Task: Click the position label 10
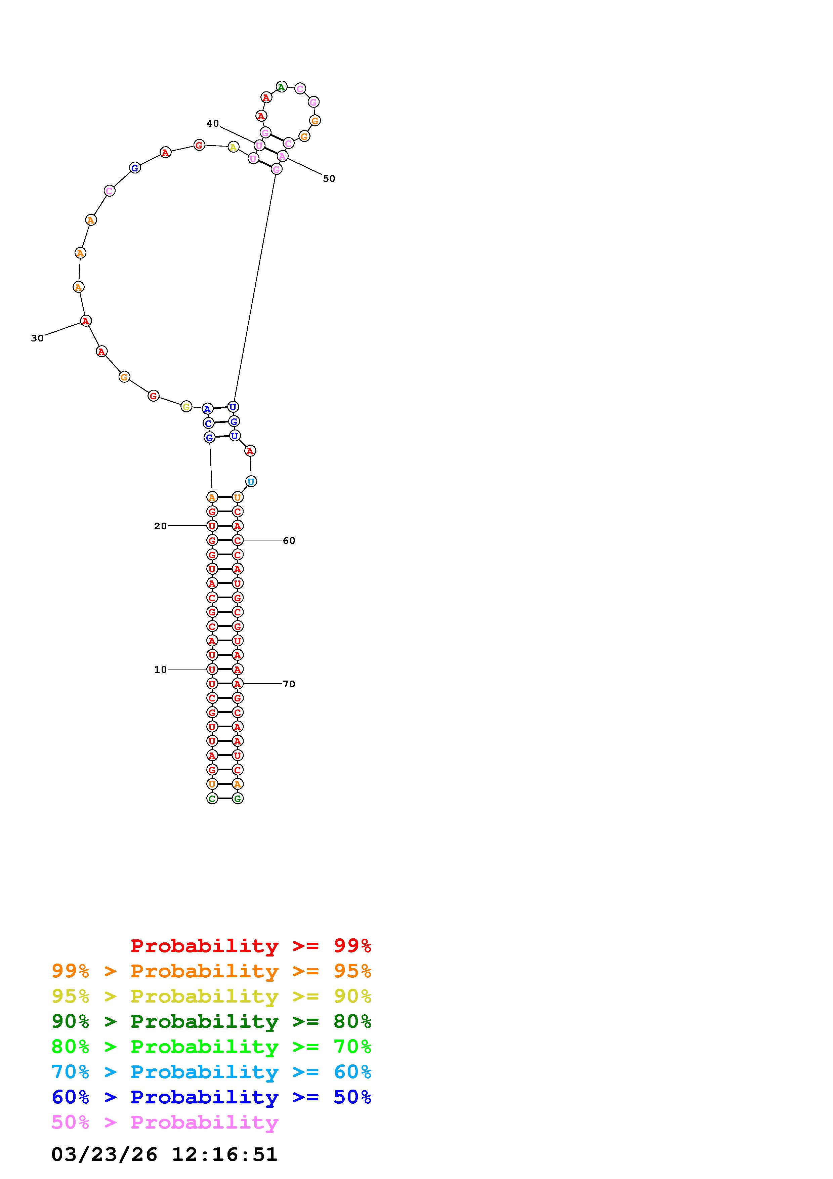161,669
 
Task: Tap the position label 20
161,526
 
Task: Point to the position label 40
212,123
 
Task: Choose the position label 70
289,684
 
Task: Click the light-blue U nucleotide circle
251,482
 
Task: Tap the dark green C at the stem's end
212,799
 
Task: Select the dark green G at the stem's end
237,799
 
